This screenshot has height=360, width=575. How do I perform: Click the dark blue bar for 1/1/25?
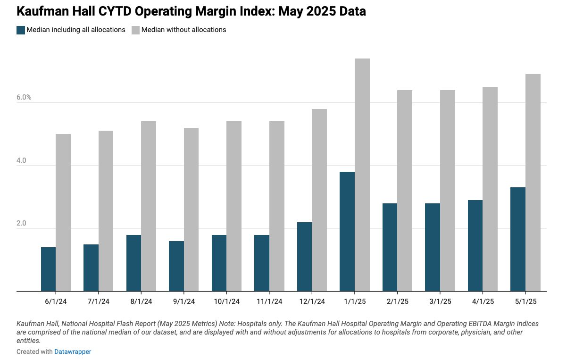[x=347, y=231]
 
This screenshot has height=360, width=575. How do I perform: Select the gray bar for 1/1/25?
[x=362, y=175]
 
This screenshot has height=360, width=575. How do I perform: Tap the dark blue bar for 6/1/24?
[x=49, y=269]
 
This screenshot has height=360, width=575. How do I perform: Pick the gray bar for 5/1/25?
[x=533, y=183]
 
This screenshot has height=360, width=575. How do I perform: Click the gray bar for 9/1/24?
[x=192, y=209]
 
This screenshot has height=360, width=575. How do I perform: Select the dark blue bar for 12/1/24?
[x=305, y=257]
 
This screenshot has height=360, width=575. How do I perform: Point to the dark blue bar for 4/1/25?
[x=475, y=245]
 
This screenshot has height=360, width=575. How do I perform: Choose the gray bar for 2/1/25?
[x=405, y=191]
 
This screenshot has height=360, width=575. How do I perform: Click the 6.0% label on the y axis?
[x=24, y=98]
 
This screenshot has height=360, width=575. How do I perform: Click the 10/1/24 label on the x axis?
[x=226, y=301]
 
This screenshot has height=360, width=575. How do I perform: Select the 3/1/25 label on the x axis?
[x=440, y=301]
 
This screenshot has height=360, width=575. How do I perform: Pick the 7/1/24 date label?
[x=99, y=301]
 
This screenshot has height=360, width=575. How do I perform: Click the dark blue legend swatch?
[x=21, y=30]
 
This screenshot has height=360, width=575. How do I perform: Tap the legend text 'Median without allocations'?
[x=183, y=30]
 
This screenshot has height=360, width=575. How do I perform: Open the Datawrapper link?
[x=73, y=352]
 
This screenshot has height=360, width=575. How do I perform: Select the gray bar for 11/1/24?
[x=277, y=206]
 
